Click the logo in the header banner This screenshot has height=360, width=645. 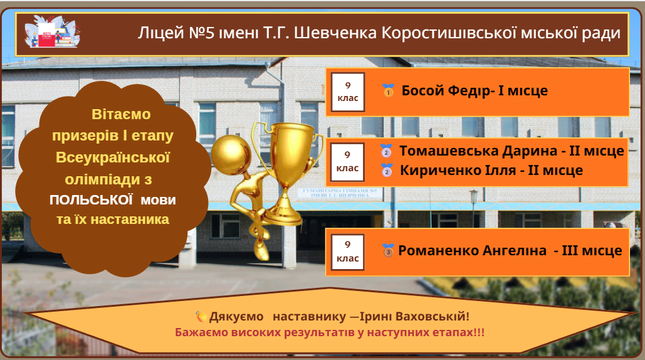click(52, 32)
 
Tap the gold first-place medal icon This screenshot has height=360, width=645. click(388, 90)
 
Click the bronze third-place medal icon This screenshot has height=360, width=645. click(387, 250)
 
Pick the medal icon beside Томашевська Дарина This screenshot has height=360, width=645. click(386, 151)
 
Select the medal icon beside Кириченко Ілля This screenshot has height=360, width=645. click(387, 171)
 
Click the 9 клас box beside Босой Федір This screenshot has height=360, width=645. click(348, 92)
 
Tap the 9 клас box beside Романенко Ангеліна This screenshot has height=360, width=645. click(348, 252)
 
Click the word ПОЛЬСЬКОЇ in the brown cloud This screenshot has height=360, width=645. click(91, 200)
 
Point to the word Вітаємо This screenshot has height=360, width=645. click(121, 114)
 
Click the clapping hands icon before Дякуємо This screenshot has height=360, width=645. click(201, 316)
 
